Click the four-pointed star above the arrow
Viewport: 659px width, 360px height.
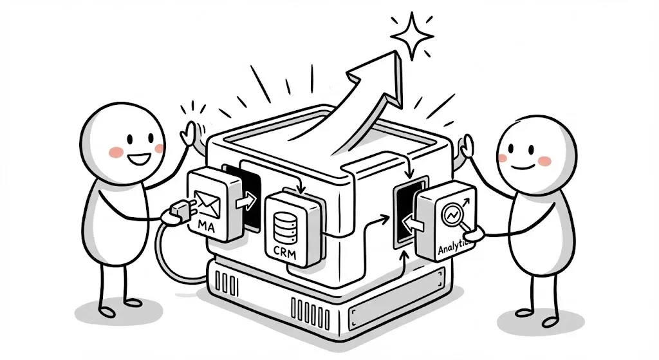(x=412, y=36)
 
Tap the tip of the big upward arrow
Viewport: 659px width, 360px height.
(x=396, y=52)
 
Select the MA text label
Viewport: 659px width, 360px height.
(x=207, y=227)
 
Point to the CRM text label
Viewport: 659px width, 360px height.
(x=284, y=253)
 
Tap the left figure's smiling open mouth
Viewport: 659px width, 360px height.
(x=139, y=159)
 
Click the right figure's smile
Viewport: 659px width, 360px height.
(x=523, y=167)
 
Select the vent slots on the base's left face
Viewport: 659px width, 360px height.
(x=227, y=282)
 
